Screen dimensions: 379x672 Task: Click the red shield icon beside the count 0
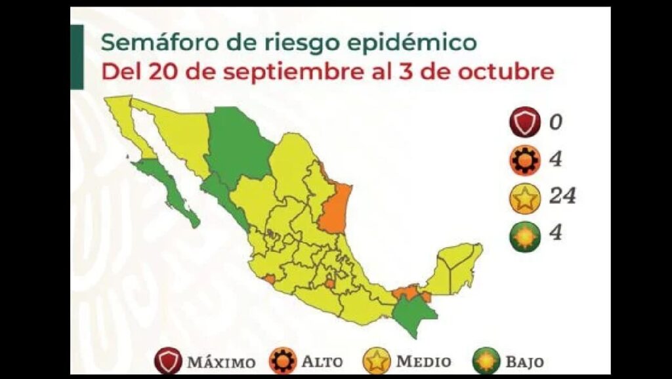pos(523,122)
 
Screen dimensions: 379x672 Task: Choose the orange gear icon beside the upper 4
pos(523,160)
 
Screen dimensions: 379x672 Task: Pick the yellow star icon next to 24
pos(524,199)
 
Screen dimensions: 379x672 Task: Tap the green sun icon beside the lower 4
pos(524,235)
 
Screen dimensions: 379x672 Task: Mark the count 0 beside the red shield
pos(556,122)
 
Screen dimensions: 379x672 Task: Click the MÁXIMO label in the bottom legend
pos(220,361)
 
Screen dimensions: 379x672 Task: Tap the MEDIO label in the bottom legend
pos(423,361)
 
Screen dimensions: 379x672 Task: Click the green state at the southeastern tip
pos(415,311)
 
